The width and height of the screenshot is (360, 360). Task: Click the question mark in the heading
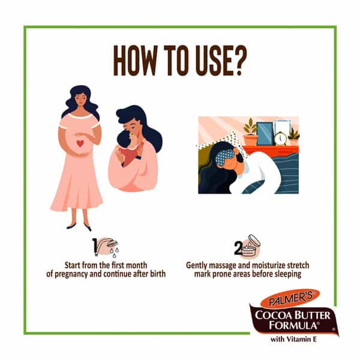pos(239,60)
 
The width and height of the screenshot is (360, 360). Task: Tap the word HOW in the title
pos(136,60)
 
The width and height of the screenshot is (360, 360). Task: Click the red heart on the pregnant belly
pos(80,143)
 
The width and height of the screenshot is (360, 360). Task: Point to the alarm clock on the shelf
pos(280,138)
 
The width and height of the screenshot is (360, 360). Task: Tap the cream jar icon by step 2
pos(251,245)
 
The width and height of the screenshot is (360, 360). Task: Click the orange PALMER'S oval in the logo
pos(290,298)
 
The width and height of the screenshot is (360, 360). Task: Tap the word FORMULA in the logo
pos(293,325)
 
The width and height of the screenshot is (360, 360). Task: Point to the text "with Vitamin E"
pos(293,339)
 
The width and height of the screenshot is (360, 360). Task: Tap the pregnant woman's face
pos(80,99)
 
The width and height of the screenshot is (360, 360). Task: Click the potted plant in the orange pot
pos(250,131)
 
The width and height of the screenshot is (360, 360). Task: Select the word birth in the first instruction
pos(158,274)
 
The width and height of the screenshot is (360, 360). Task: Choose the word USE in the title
pos(212,60)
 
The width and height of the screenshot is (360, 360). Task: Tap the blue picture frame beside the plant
pos(265,134)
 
